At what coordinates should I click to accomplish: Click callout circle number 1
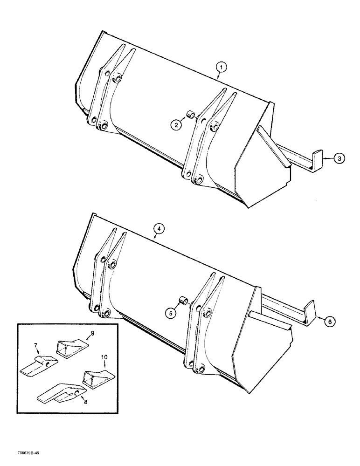point(222,68)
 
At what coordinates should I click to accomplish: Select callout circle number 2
point(175,124)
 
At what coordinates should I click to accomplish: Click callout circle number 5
point(170,314)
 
